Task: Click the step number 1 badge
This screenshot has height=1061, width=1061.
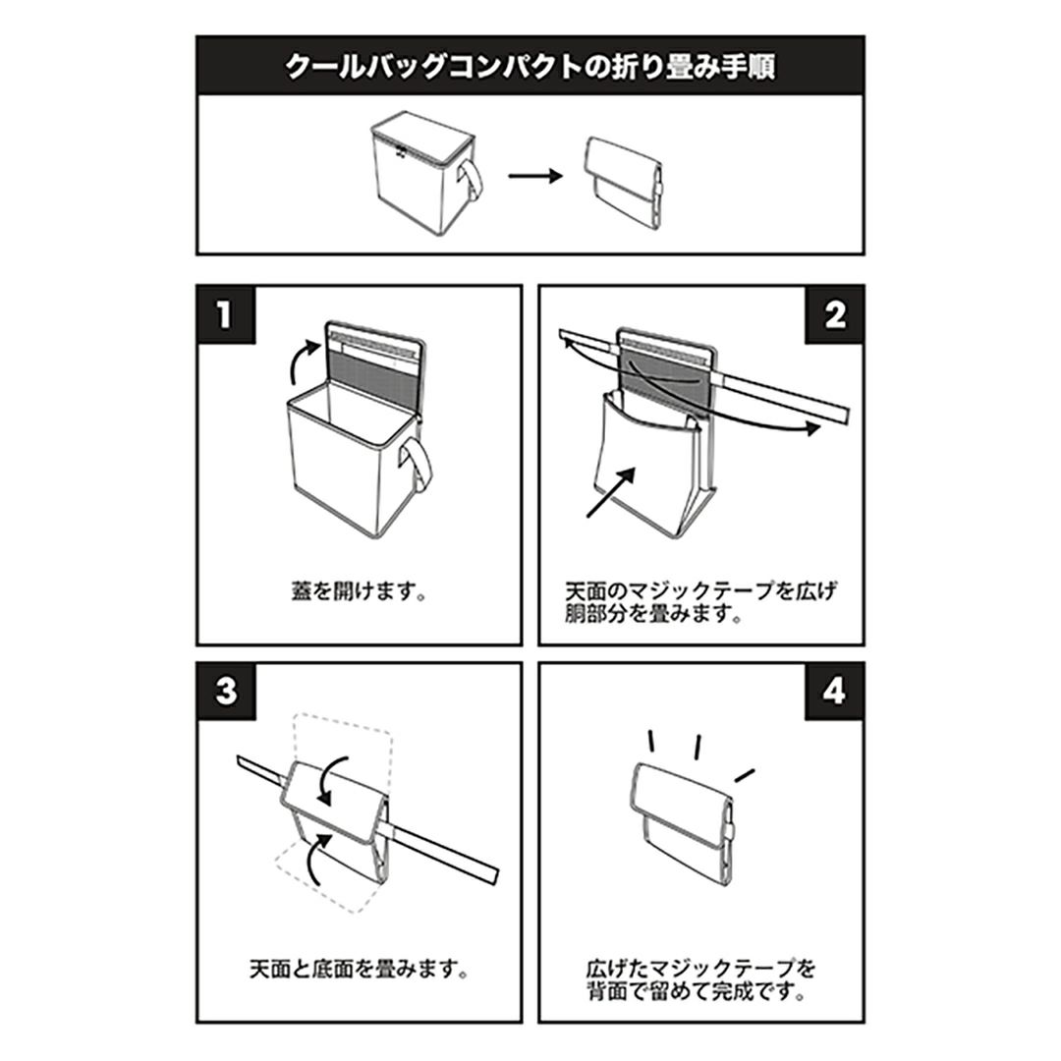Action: pos(225,315)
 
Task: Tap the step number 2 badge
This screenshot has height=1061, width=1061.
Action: pos(834,315)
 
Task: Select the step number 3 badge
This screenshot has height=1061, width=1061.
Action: pos(225,692)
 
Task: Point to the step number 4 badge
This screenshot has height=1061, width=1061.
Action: pos(834,692)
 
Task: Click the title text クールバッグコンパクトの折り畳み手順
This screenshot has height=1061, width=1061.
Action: pos(530,67)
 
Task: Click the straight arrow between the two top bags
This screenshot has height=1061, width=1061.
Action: pos(535,176)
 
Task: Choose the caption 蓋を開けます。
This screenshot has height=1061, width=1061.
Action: pos(359,592)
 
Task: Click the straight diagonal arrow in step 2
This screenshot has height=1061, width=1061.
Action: pos(611,492)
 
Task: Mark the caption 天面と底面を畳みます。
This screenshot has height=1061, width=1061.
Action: pos(359,970)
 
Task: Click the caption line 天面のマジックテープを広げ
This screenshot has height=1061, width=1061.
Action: pos(701,591)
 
